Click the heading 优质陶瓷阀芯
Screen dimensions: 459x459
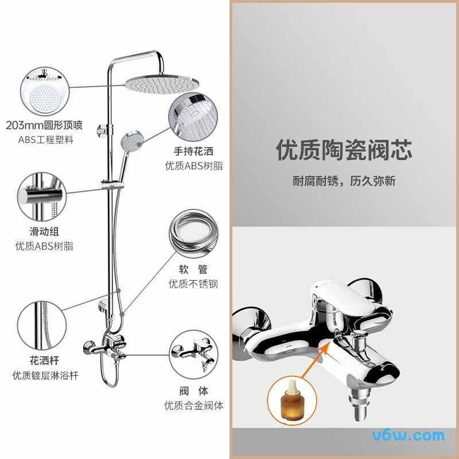click(344, 150)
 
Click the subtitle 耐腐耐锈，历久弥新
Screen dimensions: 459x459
click(344, 182)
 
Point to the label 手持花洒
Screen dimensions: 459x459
click(193, 151)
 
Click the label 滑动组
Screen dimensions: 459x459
click(44, 232)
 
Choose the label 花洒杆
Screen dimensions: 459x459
click(44, 361)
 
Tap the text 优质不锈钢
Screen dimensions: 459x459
click(193, 283)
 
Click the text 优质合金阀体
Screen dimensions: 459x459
click(193, 406)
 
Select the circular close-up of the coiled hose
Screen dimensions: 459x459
click(193, 234)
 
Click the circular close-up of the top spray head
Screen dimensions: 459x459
click(44, 90)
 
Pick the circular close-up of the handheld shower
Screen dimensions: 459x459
click(193, 116)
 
